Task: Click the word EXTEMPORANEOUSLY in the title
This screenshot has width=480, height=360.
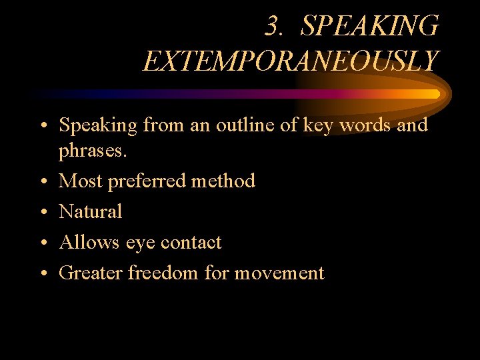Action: coord(291,61)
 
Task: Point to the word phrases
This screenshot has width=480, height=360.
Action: coord(92,151)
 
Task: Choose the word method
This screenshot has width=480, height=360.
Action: coord(224,181)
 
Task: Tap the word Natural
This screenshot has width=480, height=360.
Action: coord(91,211)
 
